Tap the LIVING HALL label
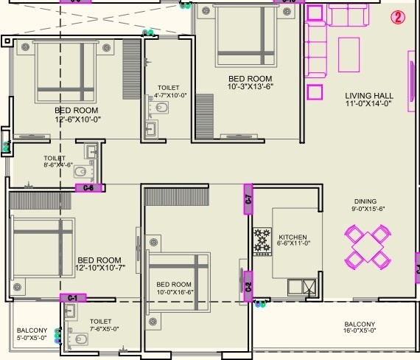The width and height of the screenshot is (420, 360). click(x=369, y=95)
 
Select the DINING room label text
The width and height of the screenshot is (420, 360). click(x=365, y=201)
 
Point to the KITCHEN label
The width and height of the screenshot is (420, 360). click(x=293, y=237)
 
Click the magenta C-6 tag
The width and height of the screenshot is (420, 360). click(x=88, y=188)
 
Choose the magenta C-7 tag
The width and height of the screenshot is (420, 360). click(x=248, y=198)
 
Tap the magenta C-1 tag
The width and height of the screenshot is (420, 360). click(x=72, y=297)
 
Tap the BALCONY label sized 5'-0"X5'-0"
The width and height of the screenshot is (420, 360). click(x=32, y=334)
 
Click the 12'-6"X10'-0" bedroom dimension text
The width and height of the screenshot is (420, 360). click(x=77, y=120)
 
